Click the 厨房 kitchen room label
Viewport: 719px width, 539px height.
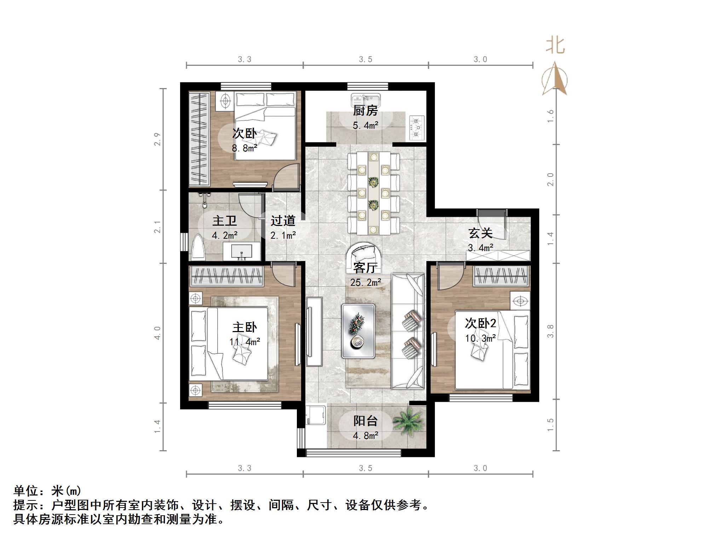[x=365, y=111]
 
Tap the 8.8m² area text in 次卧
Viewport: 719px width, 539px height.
[x=244, y=148]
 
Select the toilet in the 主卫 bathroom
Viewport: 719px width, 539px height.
[x=199, y=247]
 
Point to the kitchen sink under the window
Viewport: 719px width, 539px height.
[x=365, y=100]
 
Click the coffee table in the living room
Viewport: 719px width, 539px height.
[x=358, y=331]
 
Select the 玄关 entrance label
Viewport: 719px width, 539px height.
[x=480, y=233]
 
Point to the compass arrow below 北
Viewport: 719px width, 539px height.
[x=554, y=80]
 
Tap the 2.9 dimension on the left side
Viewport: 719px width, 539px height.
[x=158, y=139]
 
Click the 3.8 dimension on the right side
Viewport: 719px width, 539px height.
[x=550, y=331]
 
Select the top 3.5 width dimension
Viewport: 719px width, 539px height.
[x=366, y=59]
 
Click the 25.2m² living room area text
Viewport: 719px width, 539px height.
[x=366, y=282]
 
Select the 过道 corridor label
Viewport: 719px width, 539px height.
[x=283, y=221]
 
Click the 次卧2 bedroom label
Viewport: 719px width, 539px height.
[x=480, y=323]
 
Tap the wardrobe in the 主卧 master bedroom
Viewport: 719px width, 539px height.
[x=227, y=276]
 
